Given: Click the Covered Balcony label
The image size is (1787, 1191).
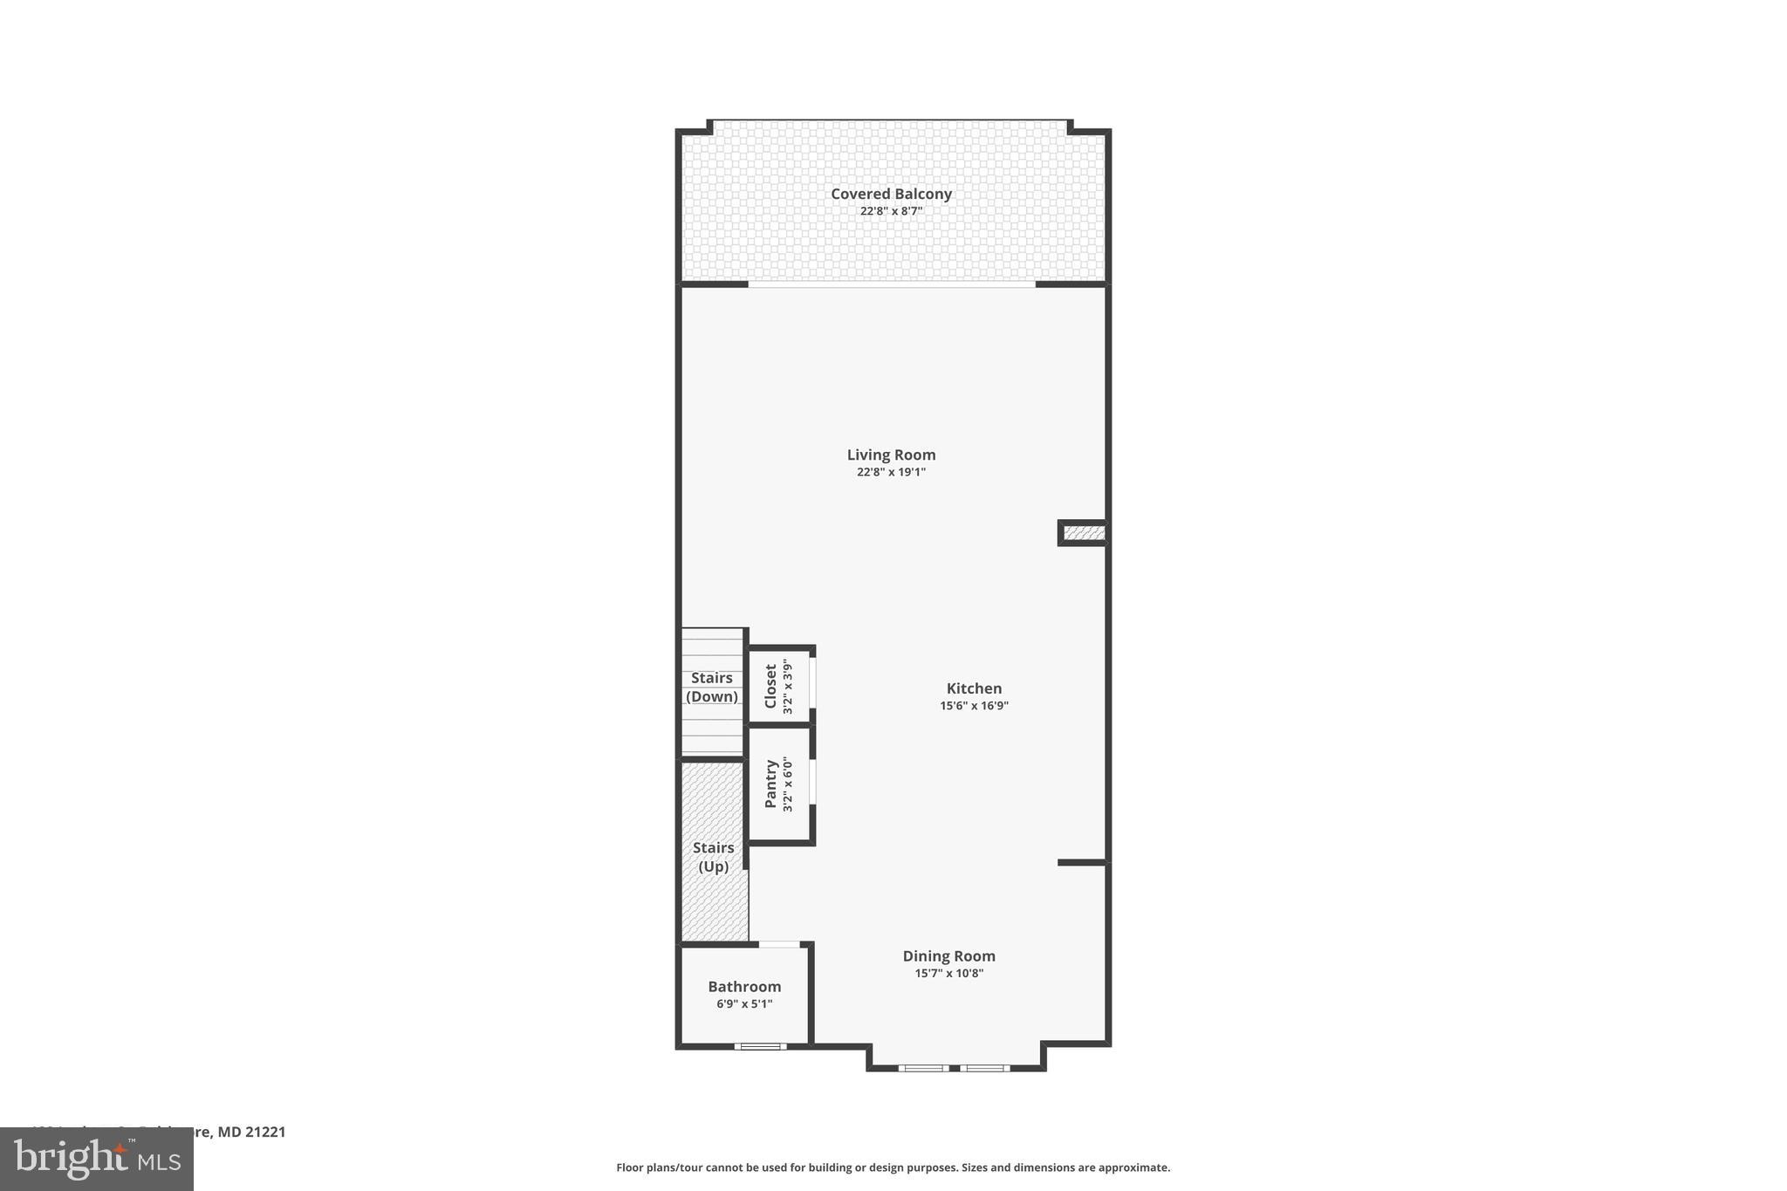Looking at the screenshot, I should tap(891, 194).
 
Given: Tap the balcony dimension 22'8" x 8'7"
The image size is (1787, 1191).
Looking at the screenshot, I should tap(891, 211).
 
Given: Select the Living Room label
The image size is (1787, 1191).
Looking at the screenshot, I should tap(891, 455).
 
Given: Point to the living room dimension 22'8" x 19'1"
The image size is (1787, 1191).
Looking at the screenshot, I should tap(891, 472).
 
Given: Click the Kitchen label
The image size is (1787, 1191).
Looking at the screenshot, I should tap(974, 688).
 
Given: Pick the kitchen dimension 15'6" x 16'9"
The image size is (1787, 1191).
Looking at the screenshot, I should tap(974, 706).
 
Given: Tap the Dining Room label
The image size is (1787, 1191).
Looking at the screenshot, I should tap(948, 956).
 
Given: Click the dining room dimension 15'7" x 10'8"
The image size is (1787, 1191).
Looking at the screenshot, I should tap(948, 974).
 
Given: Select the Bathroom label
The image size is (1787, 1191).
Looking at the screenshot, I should tap(744, 987).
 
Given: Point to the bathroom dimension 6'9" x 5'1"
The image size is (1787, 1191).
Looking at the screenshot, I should tap(744, 1004).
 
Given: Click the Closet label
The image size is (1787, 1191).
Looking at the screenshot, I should tap(770, 687).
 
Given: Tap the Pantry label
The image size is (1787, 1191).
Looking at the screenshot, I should tap(770, 784).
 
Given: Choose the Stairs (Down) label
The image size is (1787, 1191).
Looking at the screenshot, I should tap(712, 688).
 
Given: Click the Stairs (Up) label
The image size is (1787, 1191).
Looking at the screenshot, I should tap(713, 857).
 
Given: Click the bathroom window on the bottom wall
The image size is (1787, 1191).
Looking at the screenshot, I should tap(760, 1046).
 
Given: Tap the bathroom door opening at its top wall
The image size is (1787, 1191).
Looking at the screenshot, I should tap(779, 944).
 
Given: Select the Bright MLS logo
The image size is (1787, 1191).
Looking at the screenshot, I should tap(97, 1159).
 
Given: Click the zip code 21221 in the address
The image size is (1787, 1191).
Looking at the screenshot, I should tap(265, 1133).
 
